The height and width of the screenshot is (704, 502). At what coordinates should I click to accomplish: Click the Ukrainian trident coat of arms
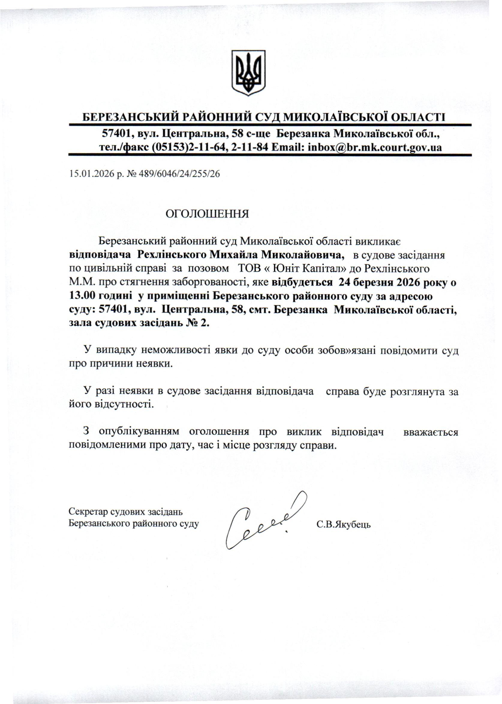pyautogui.click(x=249, y=73)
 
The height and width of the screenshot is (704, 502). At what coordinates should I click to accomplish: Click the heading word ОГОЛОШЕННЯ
pyautogui.click(x=208, y=214)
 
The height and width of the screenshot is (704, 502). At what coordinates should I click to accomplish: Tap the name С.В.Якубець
pyautogui.click(x=343, y=524)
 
